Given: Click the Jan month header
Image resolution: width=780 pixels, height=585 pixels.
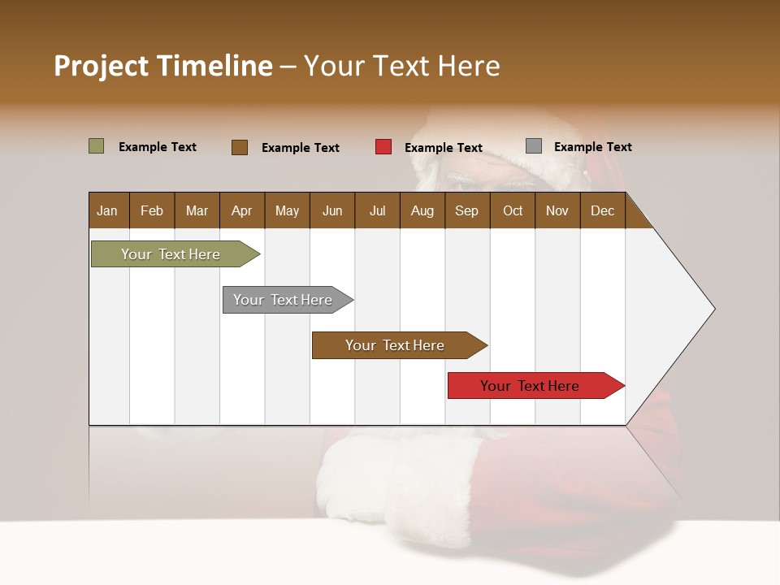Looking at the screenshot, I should pyautogui.click(x=107, y=211).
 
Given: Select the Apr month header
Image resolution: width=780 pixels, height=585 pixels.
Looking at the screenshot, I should pyautogui.click(x=241, y=211).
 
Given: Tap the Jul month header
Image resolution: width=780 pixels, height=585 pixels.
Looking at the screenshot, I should pyautogui.click(x=377, y=211).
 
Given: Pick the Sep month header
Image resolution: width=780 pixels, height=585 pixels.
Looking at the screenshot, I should pyautogui.click(x=466, y=211).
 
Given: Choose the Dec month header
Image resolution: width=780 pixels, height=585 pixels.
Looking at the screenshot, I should pyautogui.click(x=602, y=211).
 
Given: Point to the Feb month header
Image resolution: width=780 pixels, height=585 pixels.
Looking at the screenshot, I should pyautogui.click(x=152, y=211).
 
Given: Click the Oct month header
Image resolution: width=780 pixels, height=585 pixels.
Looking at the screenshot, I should pyautogui.click(x=513, y=211).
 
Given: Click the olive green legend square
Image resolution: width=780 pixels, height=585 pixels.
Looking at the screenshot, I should pyautogui.click(x=97, y=146).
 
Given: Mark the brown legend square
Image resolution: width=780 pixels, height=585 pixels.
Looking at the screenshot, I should pyautogui.click(x=240, y=147).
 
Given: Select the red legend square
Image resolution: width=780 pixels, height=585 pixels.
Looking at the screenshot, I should pyautogui.click(x=383, y=147).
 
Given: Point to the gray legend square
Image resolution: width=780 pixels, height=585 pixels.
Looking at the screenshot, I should pyautogui.click(x=534, y=146).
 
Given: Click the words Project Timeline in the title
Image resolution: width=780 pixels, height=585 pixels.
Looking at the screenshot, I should pyautogui.click(x=163, y=66).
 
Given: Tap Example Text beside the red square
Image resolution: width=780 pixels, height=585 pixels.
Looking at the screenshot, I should pyautogui.click(x=444, y=148).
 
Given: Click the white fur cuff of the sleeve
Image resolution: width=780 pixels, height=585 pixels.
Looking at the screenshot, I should pyautogui.click(x=390, y=479).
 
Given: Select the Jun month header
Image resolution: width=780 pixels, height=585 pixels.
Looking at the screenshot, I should pyautogui.click(x=332, y=211).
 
